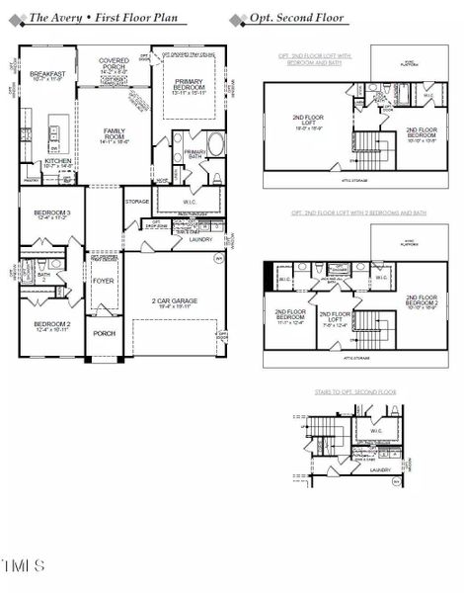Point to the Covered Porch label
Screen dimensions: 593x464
tap(115, 66)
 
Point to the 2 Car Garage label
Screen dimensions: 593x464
tap(174, 302)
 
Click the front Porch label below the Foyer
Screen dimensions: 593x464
tap(104, 333)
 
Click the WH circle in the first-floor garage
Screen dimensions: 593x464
tap(218, 259)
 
